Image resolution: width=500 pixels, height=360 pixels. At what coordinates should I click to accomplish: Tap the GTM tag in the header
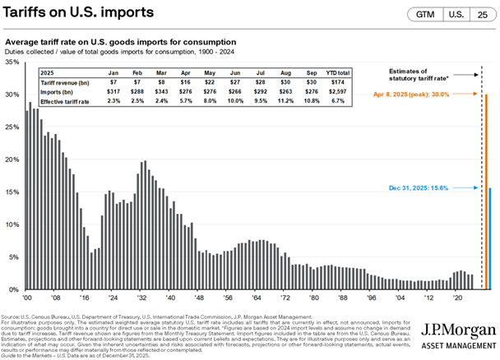click(428, 15)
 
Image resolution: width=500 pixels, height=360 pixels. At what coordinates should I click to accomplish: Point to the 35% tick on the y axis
click(12, 62)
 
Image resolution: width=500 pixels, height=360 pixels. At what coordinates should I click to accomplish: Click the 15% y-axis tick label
click(12, 192)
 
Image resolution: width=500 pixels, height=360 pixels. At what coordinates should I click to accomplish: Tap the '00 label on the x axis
click(26, 298)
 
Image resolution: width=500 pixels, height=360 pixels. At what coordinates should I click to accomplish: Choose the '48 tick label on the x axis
click(199, 298)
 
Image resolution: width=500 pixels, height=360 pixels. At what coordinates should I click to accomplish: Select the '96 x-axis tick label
click(371, 298)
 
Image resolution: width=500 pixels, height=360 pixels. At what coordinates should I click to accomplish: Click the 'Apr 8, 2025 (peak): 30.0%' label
click(433, 95)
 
